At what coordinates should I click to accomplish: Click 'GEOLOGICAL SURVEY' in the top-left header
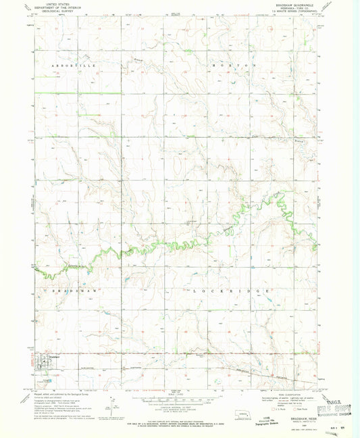tap(57, 11)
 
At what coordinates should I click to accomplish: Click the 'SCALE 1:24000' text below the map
tap(179, 396)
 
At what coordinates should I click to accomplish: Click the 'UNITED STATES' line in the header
tap(57, 5)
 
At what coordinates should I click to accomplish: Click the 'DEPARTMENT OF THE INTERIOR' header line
tap(57, 8)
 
